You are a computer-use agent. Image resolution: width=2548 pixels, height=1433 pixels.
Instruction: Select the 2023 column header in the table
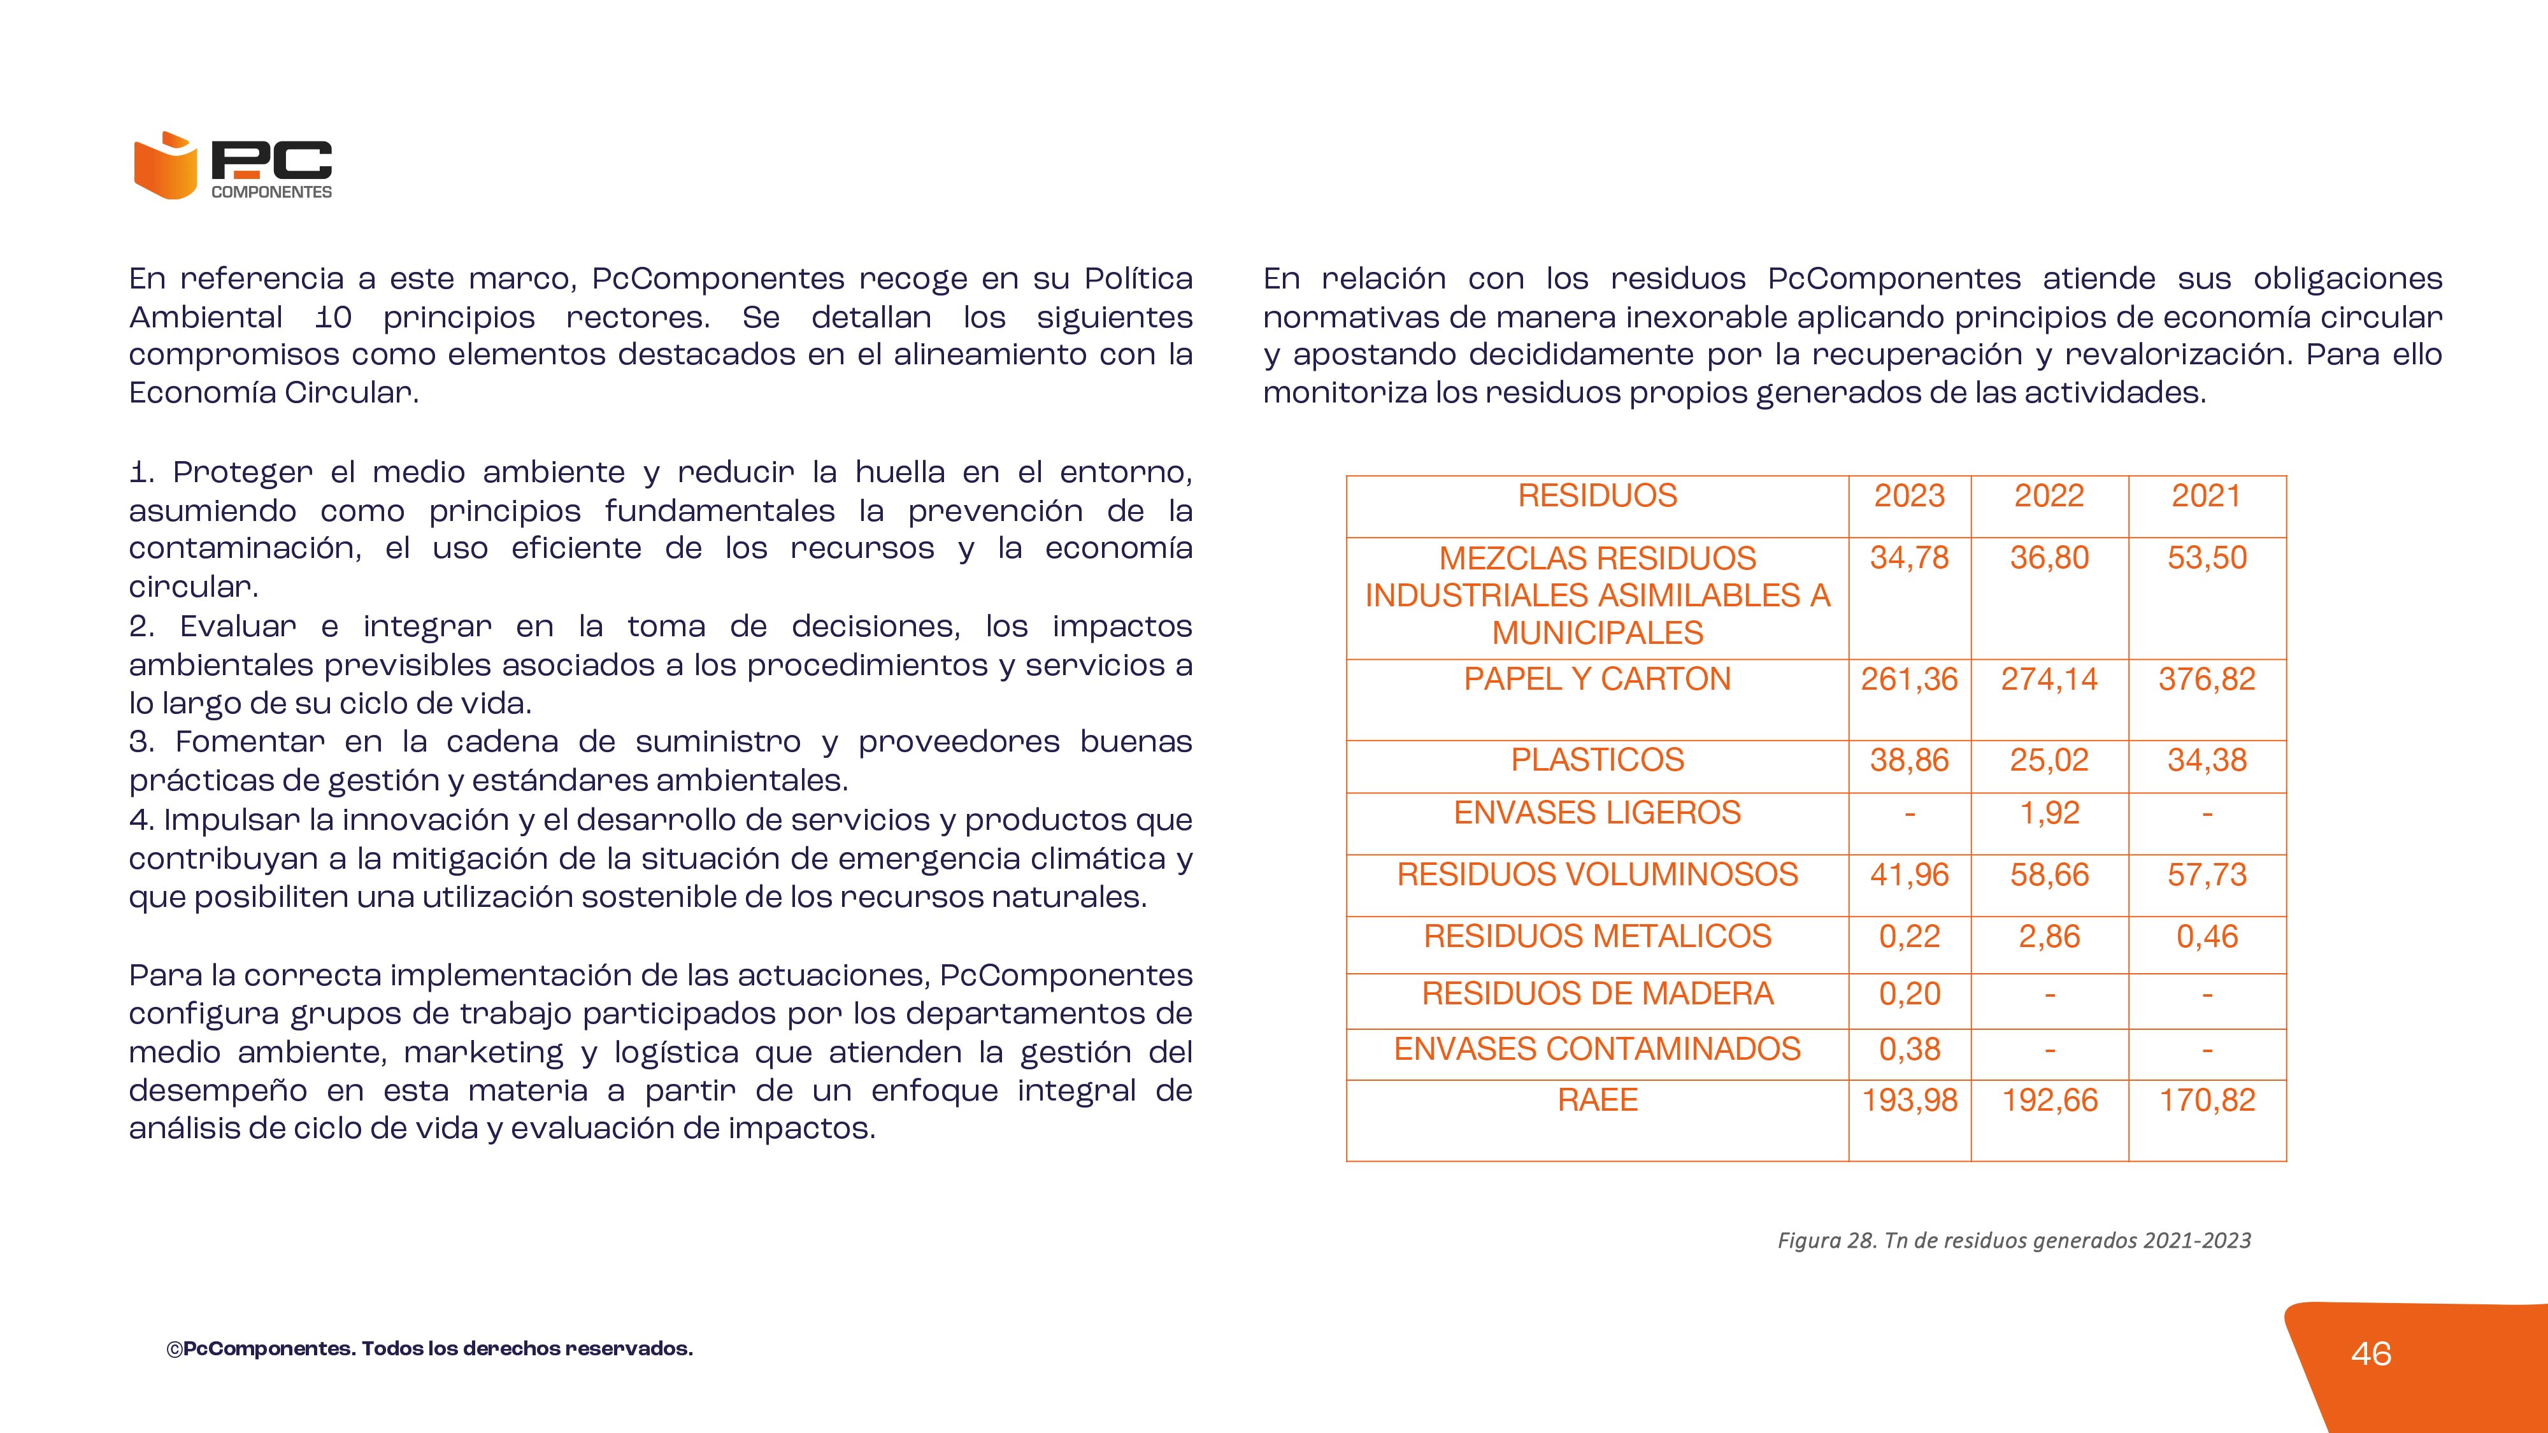pyautogui.click(x=1909, y=495)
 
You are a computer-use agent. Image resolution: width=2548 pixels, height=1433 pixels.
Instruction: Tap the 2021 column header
pyautogui.click(x=2206, y=495)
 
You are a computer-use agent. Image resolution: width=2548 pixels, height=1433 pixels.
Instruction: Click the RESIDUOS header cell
pyautogui.click(x=1598, y=495)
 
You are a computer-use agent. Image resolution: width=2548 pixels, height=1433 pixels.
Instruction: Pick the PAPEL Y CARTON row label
pyautogui.click(x=1598, y=680)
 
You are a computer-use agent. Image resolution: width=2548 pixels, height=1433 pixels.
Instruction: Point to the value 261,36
pyautogui.click(x=1909, y=680)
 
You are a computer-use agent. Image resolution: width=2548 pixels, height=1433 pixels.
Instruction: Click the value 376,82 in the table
pyautogui.click(x=2207, y=680)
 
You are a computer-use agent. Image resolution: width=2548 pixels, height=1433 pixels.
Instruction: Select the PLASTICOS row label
pyautogui.click(x=1598, y=760)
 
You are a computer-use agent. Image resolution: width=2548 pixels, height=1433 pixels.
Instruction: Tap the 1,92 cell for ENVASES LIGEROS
pyautogui.click(x=2049, y=813)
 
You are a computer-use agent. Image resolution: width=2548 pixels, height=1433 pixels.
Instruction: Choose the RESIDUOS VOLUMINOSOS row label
pyautogui.click(x=1598, y=874)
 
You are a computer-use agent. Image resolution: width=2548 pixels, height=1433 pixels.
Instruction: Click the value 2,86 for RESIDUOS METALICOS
pyautogui.click(x=2049, y=936)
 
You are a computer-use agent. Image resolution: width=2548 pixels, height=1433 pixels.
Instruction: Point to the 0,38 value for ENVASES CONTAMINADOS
pyautogui.click(x=1909, y=1050)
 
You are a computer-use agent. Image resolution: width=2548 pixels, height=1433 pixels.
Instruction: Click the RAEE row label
pyautogui.click(x=1598, y=1100)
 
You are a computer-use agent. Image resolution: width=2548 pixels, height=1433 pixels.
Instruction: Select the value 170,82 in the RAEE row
pyautogui.click(x=2207, y=1100)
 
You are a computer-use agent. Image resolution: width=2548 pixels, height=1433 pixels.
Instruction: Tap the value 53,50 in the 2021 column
pyautogui.click(x=2207, y=558)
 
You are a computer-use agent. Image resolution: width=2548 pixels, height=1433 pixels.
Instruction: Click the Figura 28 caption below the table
pyautogui.click(x=2014, y=1240)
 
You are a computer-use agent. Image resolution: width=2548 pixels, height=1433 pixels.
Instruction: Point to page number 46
pyautogui.click(x=2371, y=1354)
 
